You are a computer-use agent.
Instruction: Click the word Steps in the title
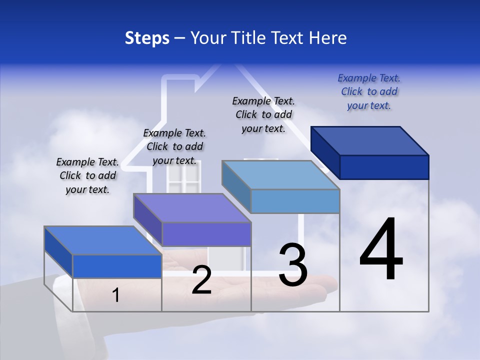pos(147,38)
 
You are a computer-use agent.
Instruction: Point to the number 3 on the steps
pos(293,265)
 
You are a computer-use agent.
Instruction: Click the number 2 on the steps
pos(201,280)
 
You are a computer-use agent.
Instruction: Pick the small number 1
pos(116,295)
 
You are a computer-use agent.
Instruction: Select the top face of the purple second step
pos(192,208)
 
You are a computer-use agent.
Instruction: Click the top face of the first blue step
pos(103,240)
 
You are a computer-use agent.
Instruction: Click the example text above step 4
pos(369,91)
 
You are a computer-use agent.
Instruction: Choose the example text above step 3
pos(263,114)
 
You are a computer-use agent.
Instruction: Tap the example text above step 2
pos(174,146)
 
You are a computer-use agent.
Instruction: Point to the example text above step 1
pos(87,175)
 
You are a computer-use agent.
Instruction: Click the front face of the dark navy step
pos(384,167)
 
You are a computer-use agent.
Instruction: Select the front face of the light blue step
pos(295,201)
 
